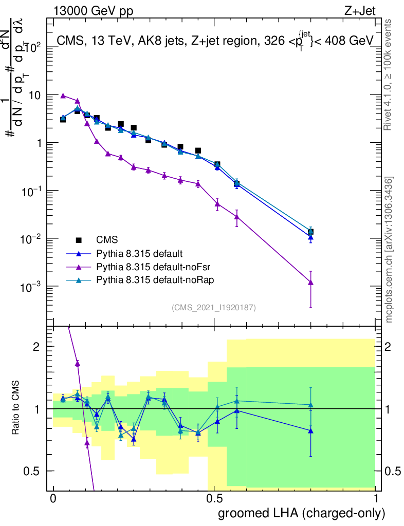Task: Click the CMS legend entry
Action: coord(107,239)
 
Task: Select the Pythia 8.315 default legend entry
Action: coord(139,253)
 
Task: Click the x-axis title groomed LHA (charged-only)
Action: coord(302,513)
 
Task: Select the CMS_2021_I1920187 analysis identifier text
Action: coord(214,307)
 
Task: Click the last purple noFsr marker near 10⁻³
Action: coord(310,282)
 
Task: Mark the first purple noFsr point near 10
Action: coord(63,96)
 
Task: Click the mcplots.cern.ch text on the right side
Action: coord(390,249)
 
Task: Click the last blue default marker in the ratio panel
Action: coord(310,430)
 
